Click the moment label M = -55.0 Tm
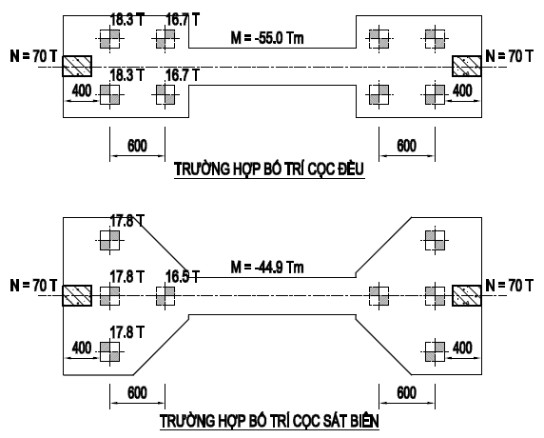tap(267, 37)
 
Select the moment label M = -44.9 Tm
tap(267, 268)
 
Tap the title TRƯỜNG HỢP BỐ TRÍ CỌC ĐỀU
tap(269, 169)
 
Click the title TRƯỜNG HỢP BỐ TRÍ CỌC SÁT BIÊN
tap(269, 421)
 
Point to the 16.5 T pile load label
tap(183, 276)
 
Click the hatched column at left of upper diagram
tap(77, 66)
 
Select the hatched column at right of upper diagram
tap(467, 66)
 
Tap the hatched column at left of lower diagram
tap(77, 295)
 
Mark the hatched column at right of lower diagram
tap(467, 295)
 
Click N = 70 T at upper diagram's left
tap(33, 56)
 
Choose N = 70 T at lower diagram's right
tap(510, 285)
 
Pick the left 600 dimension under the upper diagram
tap(137, 146)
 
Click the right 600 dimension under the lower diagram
tap(406, 393)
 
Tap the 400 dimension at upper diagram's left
tap(82, 91)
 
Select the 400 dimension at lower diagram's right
tap(462, 348)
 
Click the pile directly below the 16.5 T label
tap(165, 296)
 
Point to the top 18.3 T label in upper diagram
tap(127, 19)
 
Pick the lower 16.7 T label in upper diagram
tap(183, 75)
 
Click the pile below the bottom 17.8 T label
tap(109, 351)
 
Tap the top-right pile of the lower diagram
tap(435, 240)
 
